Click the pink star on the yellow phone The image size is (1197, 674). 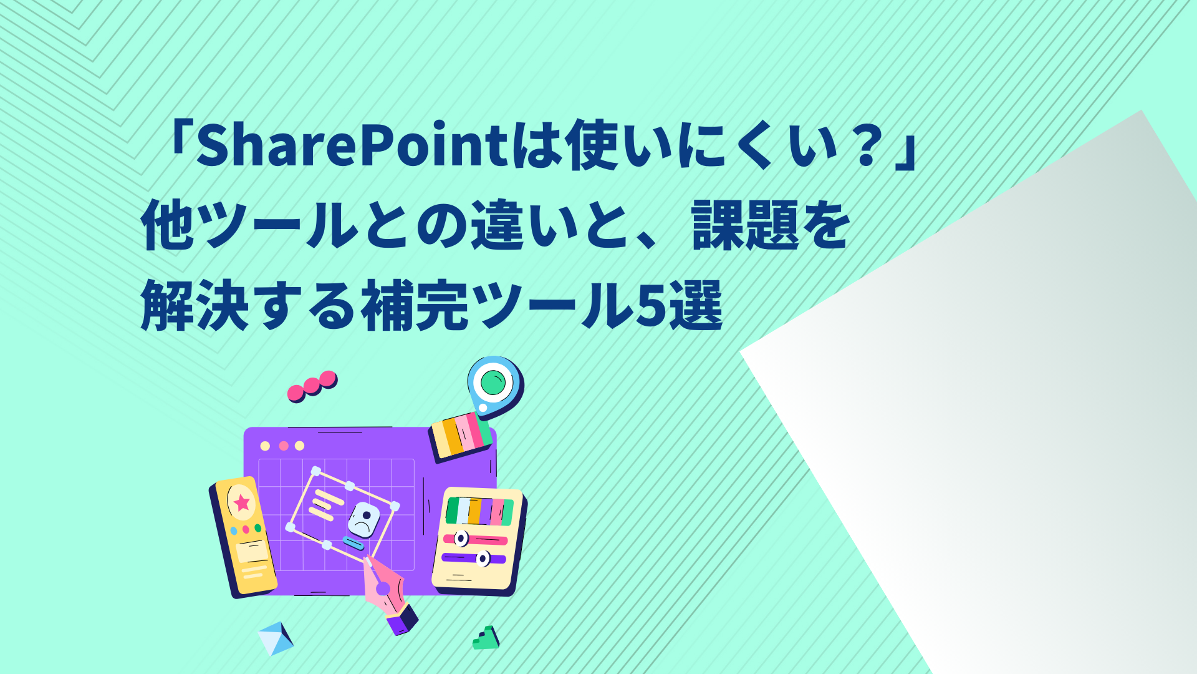click(x=242, y=502)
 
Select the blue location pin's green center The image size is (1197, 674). click(x=493, y=382)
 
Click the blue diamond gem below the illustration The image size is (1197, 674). click(x=276, y=638)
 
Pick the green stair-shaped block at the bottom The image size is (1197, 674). click(x=486, y=638)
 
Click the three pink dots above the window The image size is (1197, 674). click(x=312, y=386)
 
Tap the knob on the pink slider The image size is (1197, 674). click(x=461, y=538)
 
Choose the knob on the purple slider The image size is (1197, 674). click(x=483, y=559)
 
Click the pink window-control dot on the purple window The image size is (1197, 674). click(x=284, y=446)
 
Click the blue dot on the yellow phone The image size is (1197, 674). click(x=234, y=531)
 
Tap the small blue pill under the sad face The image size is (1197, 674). click(x=353, y=543)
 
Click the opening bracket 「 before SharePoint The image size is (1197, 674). click(x=178, y=145)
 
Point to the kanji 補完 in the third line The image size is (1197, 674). click(x=415, y=305)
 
